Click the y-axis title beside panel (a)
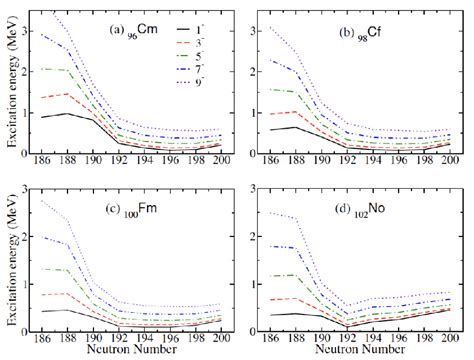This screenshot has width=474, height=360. click(x=12, y=90)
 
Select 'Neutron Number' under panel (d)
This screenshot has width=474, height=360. click(x=358, y=352)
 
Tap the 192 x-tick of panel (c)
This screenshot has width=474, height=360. click(x=121, y=339)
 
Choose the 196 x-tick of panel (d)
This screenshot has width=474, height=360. click(x=398, y=339)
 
